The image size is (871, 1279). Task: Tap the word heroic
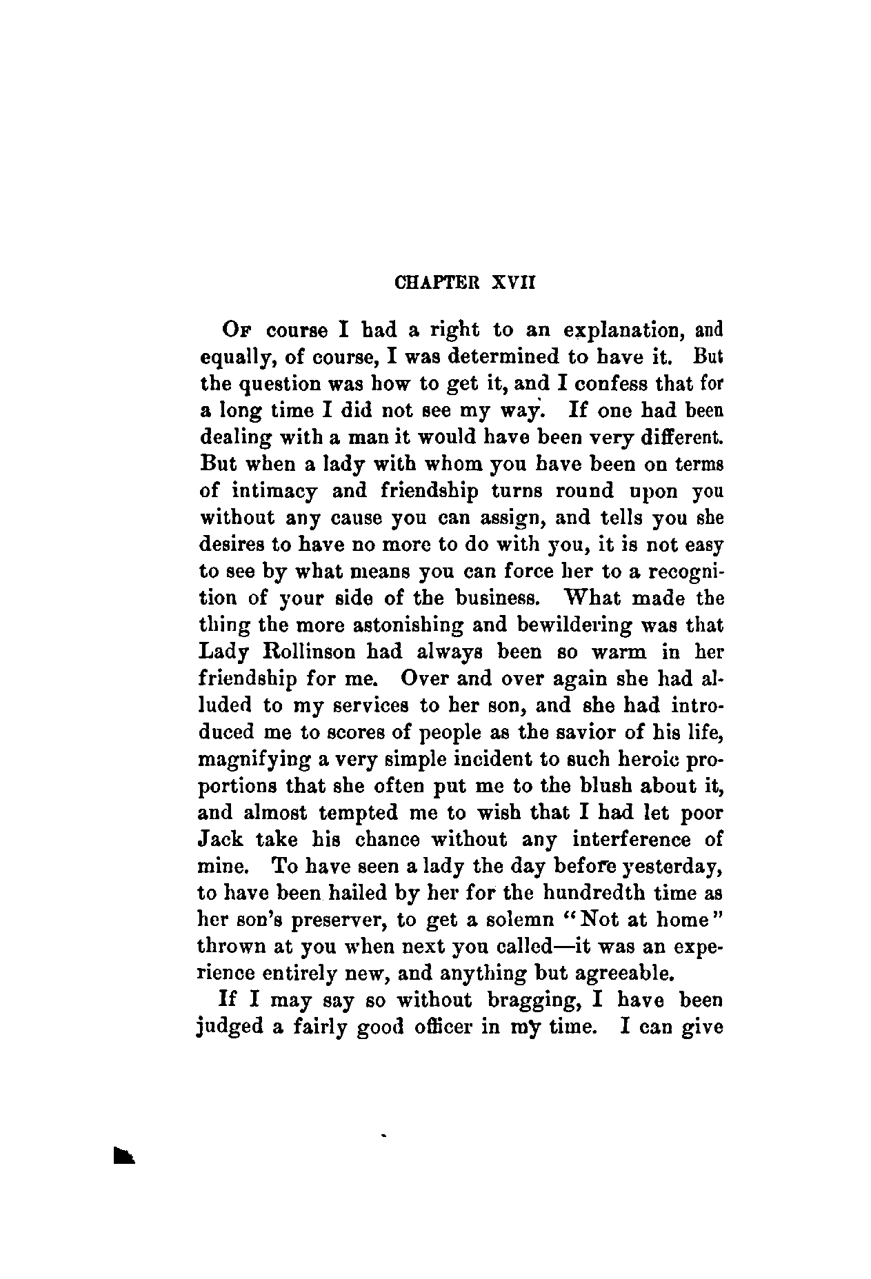tap(645, 759)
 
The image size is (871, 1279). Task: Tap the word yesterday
tap(661, 867)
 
